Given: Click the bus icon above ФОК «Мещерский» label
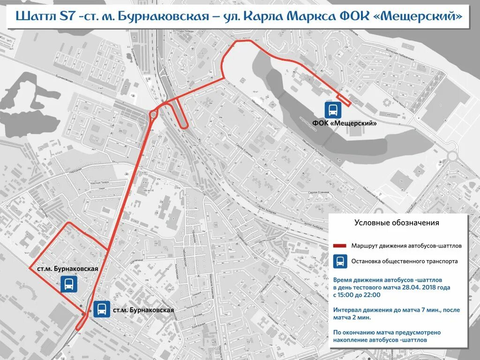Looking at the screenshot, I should [333, 111].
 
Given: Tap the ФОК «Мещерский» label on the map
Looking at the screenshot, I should [345, 123].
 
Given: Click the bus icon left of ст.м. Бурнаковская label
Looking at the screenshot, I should [102, 309].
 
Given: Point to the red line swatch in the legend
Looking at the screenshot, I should [339, 246].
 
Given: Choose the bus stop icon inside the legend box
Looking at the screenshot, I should [340, 262].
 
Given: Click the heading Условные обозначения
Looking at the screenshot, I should [397, 223].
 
